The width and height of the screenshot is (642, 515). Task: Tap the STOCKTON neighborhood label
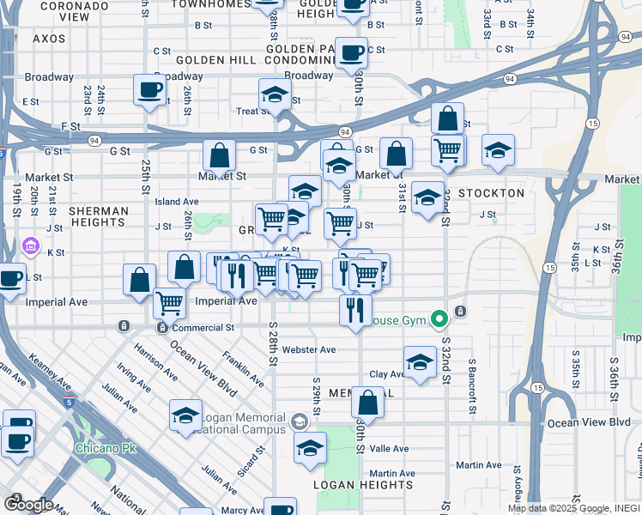[x=491, y=193]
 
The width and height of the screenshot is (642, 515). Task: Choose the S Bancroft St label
[x=472, y=385]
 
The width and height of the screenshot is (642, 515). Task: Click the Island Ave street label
[x=177, y=202]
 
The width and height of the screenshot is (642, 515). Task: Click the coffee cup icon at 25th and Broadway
[x=149, y=90]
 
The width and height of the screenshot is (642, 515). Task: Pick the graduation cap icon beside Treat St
[x=274, y=94]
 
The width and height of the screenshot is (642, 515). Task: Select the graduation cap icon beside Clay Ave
[x=420, y=361]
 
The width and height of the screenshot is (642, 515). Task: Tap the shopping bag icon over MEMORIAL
[x=367, y=402]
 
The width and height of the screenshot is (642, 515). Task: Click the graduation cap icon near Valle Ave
[x=310, y=447]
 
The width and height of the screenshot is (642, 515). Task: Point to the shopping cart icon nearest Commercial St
[x=170, y=302]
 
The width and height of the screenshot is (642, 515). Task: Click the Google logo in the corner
[x=27, y=505]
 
